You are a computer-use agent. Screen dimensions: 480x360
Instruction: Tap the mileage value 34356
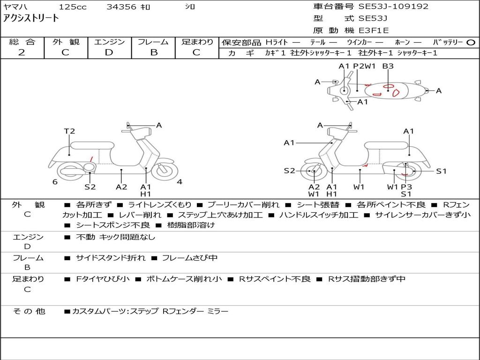click(x=121, y=7)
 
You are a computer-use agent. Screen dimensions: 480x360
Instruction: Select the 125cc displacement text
click(x=72, y=7)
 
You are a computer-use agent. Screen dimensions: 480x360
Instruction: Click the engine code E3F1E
click(x=374, y=30)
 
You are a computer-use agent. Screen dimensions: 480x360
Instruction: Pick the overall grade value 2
click(x=22, y=52)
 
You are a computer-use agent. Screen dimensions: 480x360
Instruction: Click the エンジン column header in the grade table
click(x=109, y=42)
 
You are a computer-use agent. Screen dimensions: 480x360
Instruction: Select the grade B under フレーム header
click(x=153, y=52)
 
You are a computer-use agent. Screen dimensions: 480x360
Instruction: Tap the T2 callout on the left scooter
click(x=69, y=131)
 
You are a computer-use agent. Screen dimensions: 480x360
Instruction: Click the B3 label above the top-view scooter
click(x=388, y=67)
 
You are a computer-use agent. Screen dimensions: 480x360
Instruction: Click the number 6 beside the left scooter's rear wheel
click(x=55, y=182)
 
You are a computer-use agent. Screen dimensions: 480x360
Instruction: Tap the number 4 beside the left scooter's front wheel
click(x=180, y=182)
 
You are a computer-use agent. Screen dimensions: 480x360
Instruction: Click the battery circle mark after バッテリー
click(x=471, y=43)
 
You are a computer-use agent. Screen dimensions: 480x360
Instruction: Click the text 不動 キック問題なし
click(x=115, y=237)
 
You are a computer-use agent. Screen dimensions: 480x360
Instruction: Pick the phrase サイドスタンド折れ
click(x=111, y=258)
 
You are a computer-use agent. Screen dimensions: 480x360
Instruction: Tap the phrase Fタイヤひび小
click(x=103, y=279)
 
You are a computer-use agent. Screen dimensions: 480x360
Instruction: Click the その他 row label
click(x=29, y=311)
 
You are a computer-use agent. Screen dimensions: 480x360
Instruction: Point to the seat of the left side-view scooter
click(x=92, y=145)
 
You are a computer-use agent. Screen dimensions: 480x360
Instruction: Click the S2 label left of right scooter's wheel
click(x=289, y=171)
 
